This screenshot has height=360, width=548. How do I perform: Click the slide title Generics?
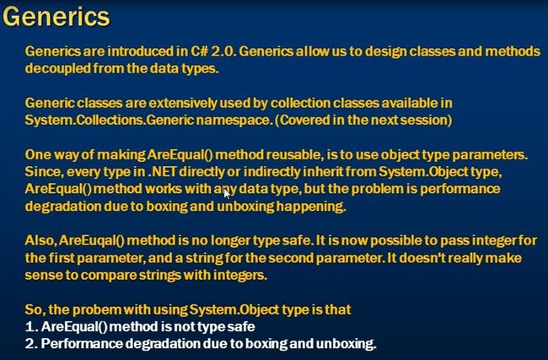(56, 17)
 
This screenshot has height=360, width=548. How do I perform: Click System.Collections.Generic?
(110, 121)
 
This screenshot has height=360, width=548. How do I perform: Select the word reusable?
(295, 155)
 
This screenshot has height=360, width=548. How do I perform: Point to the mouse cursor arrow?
(227, 192)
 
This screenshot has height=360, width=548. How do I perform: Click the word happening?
(311, 207)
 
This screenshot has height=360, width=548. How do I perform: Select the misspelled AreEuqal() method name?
(92, 241)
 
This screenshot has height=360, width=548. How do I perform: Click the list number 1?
(31, 327)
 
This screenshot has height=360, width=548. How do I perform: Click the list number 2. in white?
(31, 344)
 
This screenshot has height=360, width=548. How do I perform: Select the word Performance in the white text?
(82, 344)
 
